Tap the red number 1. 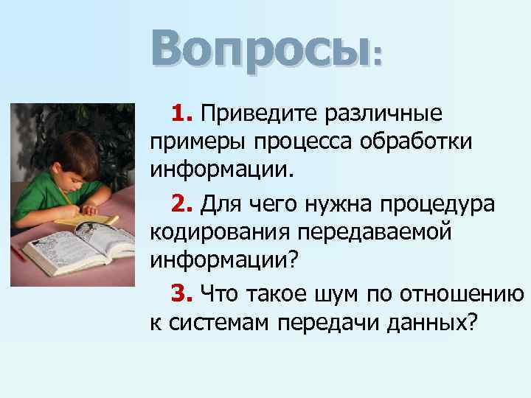(181, 114)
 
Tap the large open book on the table (81, 247)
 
